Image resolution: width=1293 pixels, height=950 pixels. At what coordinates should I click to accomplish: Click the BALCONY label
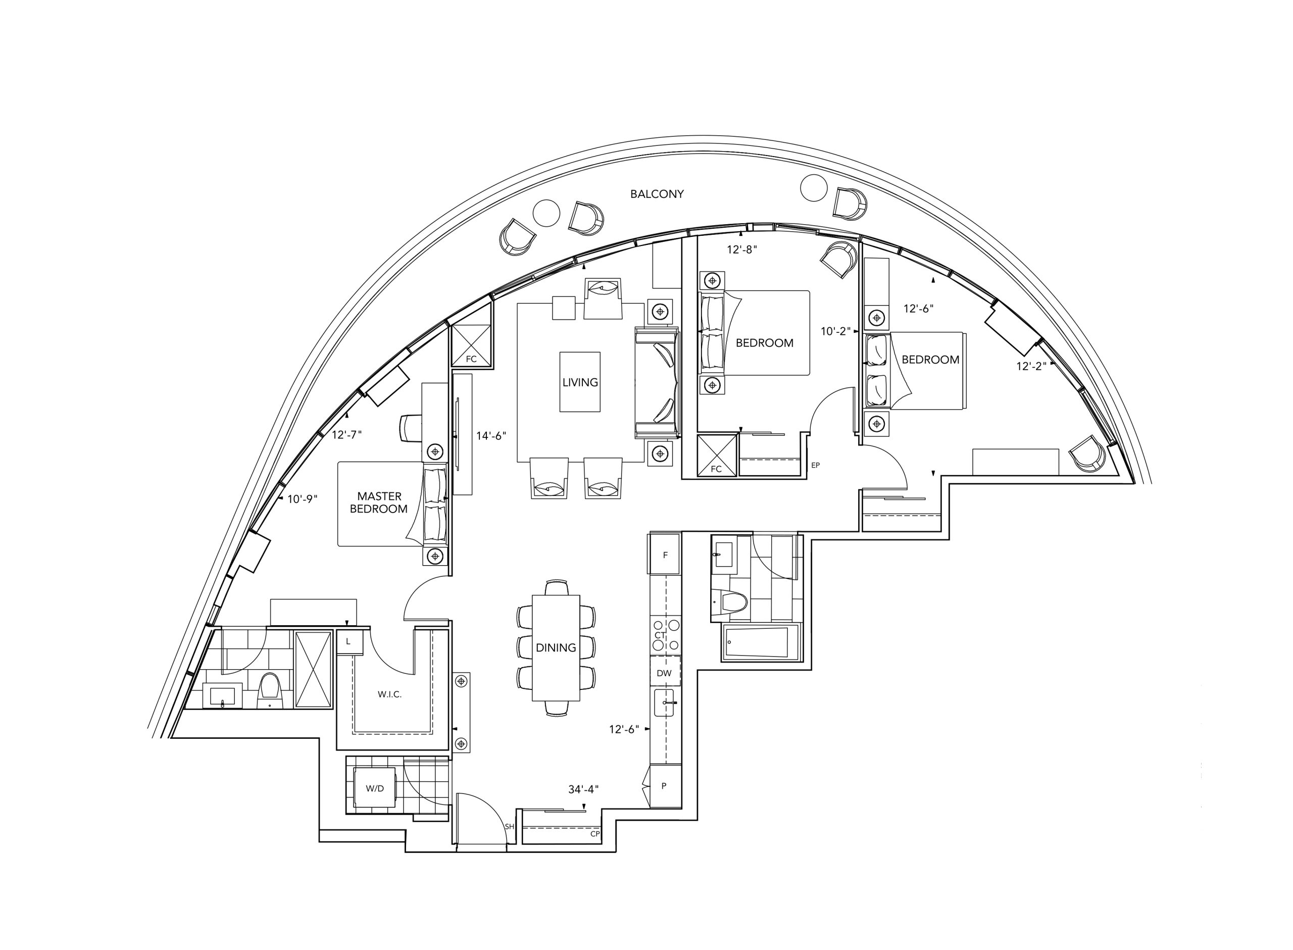[657, 194]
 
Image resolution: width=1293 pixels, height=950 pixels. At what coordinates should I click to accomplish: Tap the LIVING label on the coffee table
[580, 382]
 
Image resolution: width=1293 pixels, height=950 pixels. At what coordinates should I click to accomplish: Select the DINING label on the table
[556, 647]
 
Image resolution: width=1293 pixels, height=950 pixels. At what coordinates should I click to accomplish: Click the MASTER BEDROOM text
[379, 503]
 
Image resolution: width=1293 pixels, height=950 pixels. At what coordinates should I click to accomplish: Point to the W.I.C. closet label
[389, 694]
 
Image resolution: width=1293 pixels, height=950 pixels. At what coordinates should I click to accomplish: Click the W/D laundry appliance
[374, 788]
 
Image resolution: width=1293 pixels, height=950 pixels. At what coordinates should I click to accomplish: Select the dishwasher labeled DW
[665, 673]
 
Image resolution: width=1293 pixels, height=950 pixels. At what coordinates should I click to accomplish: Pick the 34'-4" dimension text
[583, 789]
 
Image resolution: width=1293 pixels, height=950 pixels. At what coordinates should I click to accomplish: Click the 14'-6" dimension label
[491, 436]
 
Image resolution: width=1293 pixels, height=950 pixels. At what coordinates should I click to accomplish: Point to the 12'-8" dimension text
[741, 249]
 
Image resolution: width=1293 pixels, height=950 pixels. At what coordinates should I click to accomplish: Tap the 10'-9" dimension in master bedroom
[303, 499]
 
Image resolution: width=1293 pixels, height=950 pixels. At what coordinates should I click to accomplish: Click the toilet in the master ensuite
[269, 690]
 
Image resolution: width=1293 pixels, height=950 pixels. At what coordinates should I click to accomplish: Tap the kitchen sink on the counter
[665, 703]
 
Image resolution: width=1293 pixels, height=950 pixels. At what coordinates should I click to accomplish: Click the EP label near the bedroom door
[815, 465]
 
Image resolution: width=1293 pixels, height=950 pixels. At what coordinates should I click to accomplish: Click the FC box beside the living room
[471, 345]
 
